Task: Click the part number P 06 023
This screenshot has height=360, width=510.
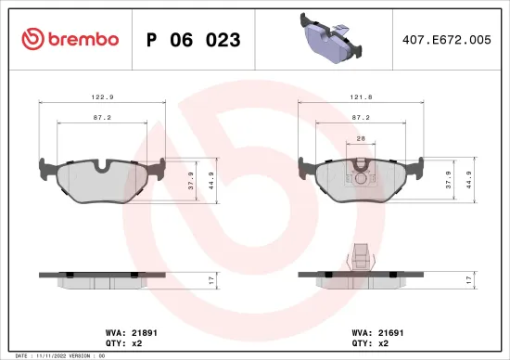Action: click(194, 40)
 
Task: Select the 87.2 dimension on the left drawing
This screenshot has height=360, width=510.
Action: click(103, 119)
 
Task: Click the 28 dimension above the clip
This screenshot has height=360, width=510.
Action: click(362, 139)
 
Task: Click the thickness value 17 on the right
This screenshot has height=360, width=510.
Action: click(469, 279)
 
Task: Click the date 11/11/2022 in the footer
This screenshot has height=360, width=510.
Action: click(51, 355)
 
